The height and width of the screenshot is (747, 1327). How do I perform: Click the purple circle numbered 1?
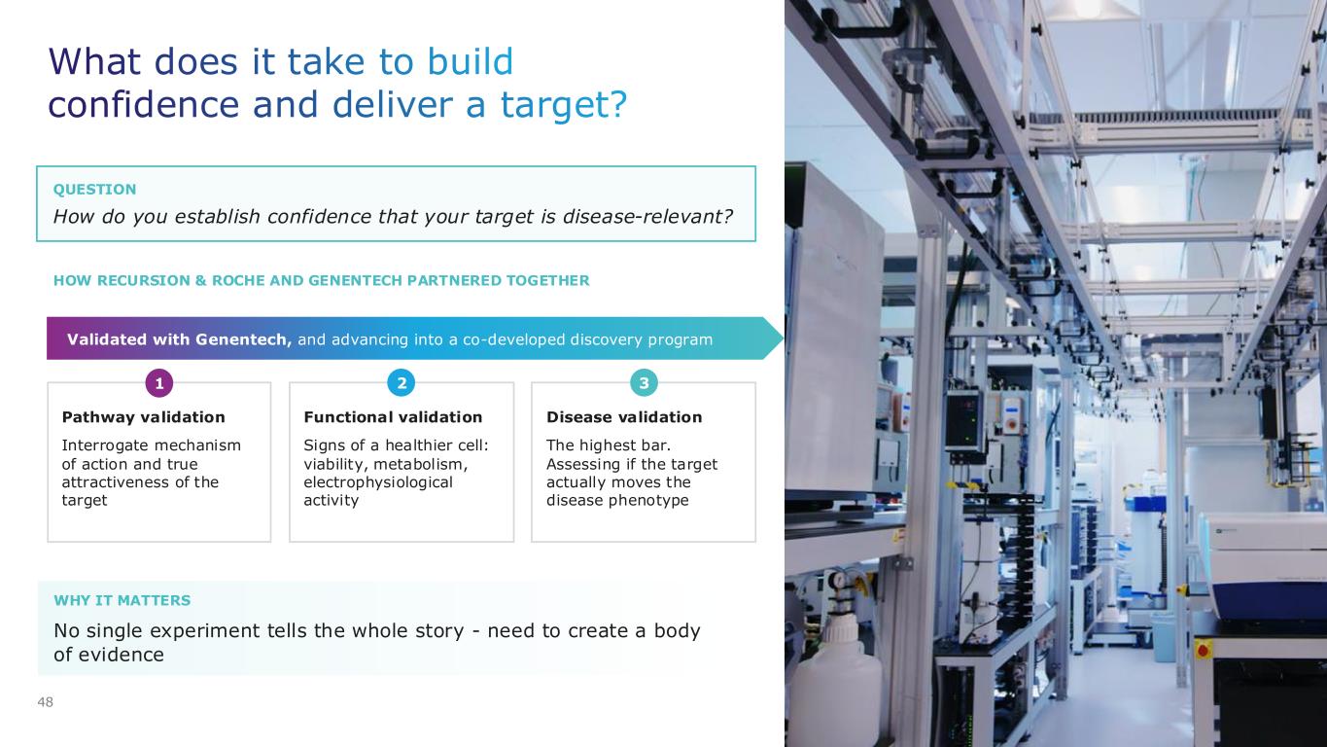click(159, 383)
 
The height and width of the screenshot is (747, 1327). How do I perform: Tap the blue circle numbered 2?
click(402, 383)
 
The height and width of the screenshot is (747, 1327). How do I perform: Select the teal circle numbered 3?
click(644, 383)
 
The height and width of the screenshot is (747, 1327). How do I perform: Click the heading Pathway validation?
click(143, 416)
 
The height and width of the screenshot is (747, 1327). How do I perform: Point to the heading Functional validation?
click(393, 416)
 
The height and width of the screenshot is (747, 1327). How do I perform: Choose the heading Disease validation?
click(624, 416)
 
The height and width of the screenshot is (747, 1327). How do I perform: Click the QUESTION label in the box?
click(95, 189)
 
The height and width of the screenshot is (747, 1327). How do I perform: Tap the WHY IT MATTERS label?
click(122, 600)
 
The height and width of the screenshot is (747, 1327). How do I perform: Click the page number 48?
click(45, 702)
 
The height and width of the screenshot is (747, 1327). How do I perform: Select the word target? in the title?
click(564, 104)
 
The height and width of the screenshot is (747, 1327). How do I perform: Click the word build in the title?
click(471, 61)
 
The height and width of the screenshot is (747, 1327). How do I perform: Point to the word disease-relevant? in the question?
click(647, 216)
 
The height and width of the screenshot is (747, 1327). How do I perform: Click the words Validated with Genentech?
click(179, 339)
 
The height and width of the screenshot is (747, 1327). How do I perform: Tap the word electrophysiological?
click(378, 482)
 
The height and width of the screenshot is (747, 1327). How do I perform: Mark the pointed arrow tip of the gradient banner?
click(784, 338)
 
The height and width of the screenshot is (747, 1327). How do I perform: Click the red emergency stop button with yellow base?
click(1203, 651)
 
